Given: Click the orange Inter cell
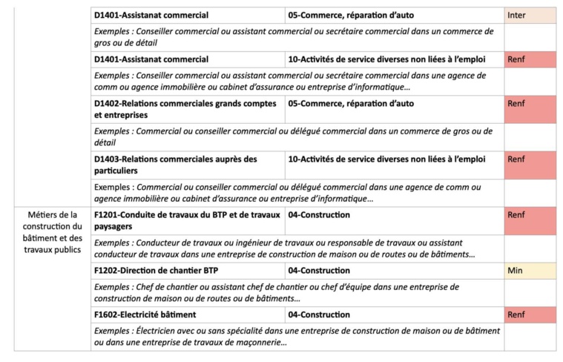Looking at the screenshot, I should tap(530, 16).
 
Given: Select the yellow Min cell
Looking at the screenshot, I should tap(530, 271).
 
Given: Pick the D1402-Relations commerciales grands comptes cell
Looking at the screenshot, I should tap(188, 109).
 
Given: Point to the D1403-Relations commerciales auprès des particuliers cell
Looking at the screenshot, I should tap(188, 165).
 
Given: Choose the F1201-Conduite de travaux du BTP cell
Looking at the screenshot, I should tap(188, 220).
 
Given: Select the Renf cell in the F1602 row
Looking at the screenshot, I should tap(530, 315).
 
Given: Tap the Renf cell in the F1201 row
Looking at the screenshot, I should tap(530, 220).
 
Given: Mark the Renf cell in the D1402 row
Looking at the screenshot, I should tap(530, 109).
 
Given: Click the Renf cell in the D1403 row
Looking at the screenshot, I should tap(530, 165).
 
